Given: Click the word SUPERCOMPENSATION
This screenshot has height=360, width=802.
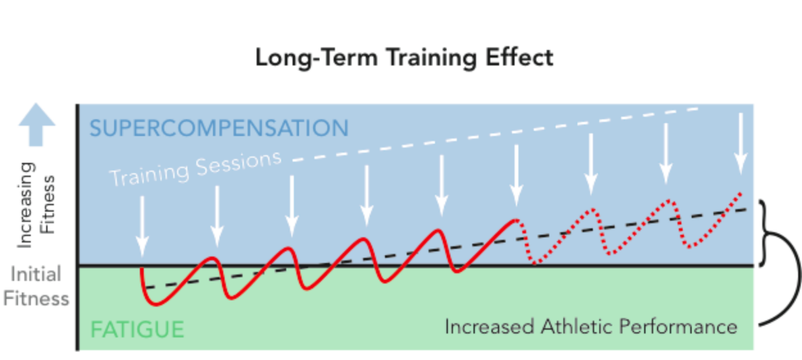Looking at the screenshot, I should point(219,128).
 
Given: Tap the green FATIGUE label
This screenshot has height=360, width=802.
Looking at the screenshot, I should point(137,329).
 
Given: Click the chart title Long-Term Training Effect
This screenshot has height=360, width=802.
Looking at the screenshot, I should point(404,57).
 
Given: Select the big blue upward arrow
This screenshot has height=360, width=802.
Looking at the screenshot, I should point(37,125).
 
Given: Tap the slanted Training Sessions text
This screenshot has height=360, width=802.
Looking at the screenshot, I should point(196,168).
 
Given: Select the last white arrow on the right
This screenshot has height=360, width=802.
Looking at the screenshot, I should point(740,141).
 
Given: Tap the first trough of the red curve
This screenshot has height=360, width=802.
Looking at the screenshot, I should point(156,303).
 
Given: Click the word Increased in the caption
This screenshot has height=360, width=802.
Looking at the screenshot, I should point(495,327).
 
